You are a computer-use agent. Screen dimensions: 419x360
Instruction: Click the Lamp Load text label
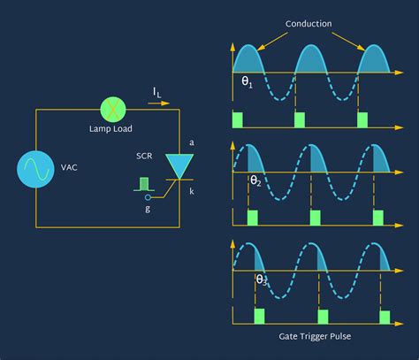[x=110, y=129]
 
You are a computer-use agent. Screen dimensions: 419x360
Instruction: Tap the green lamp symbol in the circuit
[x=113, y=110]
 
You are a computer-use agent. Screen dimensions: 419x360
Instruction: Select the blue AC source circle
[x=35, y=169]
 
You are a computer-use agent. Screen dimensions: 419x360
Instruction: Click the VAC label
[x=69, y=167]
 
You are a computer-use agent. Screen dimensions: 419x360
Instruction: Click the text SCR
[x=144, y=156]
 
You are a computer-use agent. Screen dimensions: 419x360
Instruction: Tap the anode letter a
[x=192, y=142]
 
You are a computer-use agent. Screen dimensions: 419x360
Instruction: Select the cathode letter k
[x=192, y=192]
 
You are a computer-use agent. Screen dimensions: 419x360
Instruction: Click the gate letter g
[x=148, y=209]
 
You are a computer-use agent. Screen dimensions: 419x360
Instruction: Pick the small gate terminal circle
[x=148, y=197]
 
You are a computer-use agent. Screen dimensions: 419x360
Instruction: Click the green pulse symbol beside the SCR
[x=144, y=184]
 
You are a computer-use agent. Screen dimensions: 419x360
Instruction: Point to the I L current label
[x=157, y=93]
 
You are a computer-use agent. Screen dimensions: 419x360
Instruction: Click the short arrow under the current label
[x=159, y=103]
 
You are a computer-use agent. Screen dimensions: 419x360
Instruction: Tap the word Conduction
[x=309, y=24]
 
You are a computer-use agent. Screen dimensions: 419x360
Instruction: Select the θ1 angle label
[x=247, y=81]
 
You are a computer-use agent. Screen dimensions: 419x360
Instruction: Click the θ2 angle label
[x=255, y=180]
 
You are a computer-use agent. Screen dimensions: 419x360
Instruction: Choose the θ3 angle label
[x=262, y=280]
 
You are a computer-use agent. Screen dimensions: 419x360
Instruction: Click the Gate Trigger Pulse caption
[x=315, y=336]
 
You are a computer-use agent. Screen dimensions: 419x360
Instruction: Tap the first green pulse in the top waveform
[x=238, y=119]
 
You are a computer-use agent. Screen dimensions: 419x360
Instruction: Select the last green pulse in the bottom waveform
[x=385, y=318]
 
